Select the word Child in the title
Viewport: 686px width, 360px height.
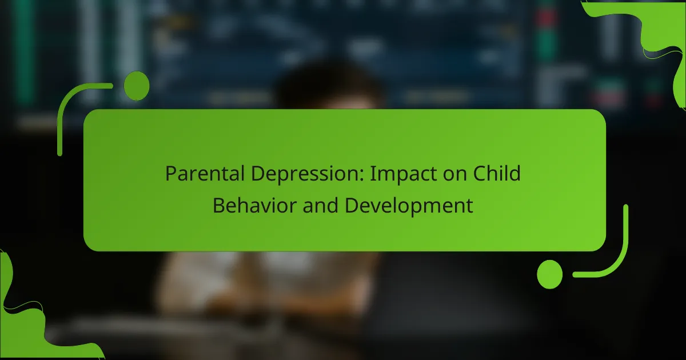pos(497,173)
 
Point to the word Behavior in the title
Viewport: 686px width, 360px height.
pos(255,205)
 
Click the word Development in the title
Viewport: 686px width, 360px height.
pos(409,207)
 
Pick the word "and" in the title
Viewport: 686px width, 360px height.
pos(321,205)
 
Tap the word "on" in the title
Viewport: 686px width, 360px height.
pos(454,176)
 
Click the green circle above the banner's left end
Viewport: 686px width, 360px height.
pos(137,86)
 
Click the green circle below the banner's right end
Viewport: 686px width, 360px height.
pos(550,274)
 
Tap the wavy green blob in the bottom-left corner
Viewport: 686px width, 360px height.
pos(25,327)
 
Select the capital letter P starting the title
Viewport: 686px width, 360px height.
pos(171,174)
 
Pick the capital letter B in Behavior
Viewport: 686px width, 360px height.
pos(218,206)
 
